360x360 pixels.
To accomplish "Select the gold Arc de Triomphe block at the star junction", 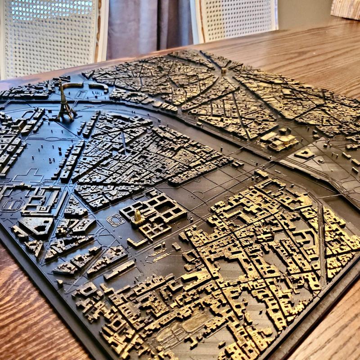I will point(224,71).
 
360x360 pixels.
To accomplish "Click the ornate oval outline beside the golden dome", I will point(116,220).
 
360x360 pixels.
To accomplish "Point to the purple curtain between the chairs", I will point(148,22).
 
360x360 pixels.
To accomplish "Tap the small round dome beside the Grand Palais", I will point(285,131).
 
